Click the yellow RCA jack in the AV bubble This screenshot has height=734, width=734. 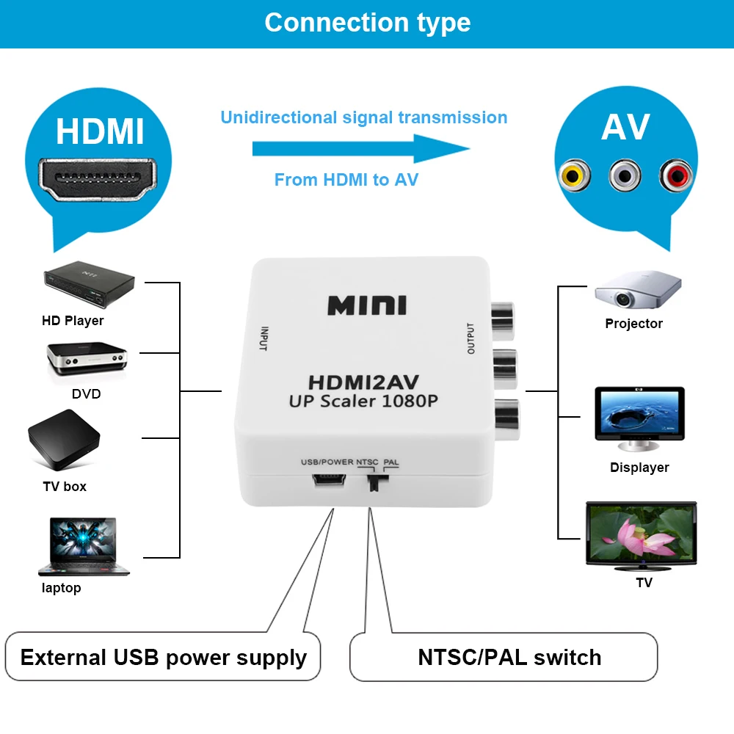(x=574, y=175)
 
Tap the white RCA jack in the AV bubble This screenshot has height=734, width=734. (x=625, y=175)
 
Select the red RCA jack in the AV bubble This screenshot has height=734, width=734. (x=675, y=175)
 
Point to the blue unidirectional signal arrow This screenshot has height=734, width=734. (x=360, y=149)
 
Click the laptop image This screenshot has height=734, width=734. (x=82, y=546)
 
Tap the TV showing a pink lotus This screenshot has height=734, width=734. (x=640, y=535)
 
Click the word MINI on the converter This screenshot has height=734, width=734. (x=366, y=305)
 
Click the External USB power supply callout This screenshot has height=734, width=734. (x=163, y=657)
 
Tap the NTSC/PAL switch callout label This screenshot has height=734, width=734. (x=509, y=657)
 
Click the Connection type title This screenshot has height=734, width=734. (x=367, y=23)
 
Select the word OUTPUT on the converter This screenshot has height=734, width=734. (x=471, y=339)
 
